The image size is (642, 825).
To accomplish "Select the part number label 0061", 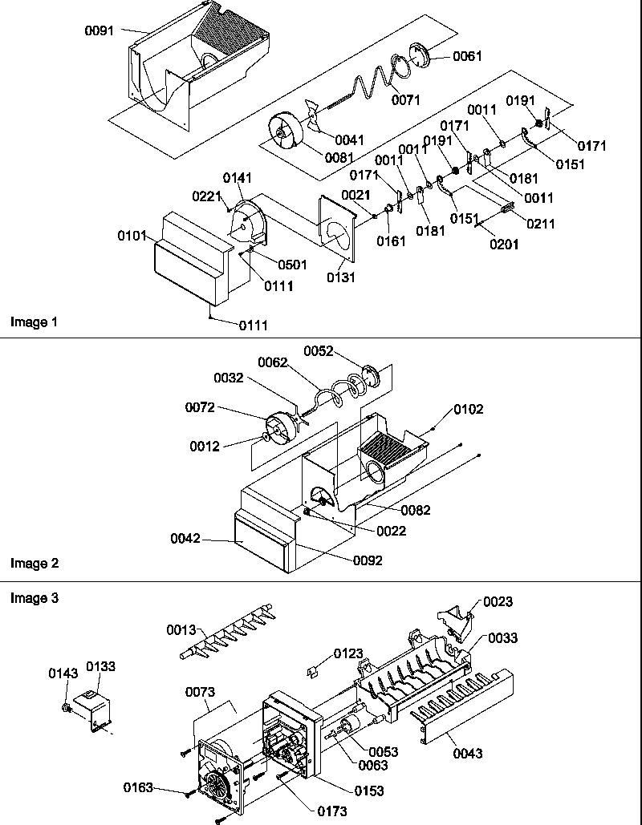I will [468, 55].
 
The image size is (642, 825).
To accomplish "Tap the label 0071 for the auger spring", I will [407, 99].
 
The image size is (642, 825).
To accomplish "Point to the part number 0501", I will [292, 265].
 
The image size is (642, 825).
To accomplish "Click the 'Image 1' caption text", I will [35, 322].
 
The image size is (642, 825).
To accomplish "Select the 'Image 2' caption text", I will [35, 563].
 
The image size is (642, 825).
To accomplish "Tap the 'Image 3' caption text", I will [35, 598].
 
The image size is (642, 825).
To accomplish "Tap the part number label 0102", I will [468, 409].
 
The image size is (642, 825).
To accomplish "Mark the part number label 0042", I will [185, 538].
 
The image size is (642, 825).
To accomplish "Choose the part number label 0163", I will [139, 787].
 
